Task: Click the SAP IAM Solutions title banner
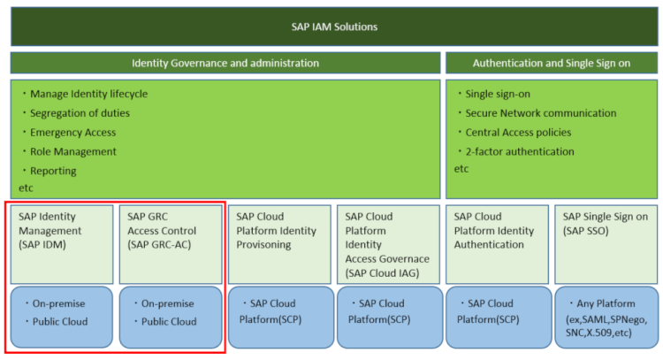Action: coord(334,27)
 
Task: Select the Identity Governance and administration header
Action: coord(225,63)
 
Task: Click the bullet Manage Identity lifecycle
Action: coord(88,94)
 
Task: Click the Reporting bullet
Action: coord(53,171)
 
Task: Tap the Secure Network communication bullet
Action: coord(540,113)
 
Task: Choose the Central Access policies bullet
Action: coord(518,133)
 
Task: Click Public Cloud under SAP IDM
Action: coord(59,321)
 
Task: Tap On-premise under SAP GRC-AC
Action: coord(168,303)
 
